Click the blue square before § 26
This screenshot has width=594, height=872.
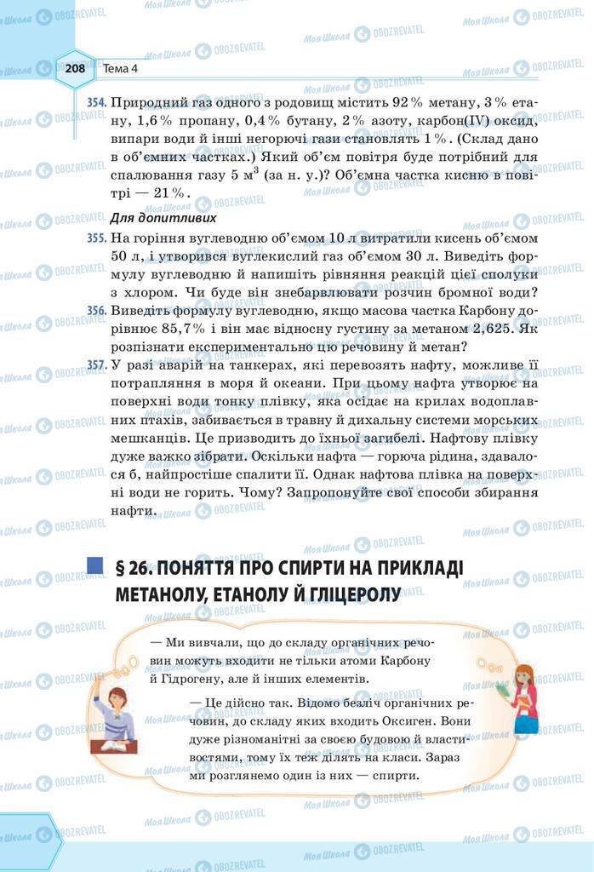[95, 565]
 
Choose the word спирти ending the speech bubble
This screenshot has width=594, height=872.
[397, 777]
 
